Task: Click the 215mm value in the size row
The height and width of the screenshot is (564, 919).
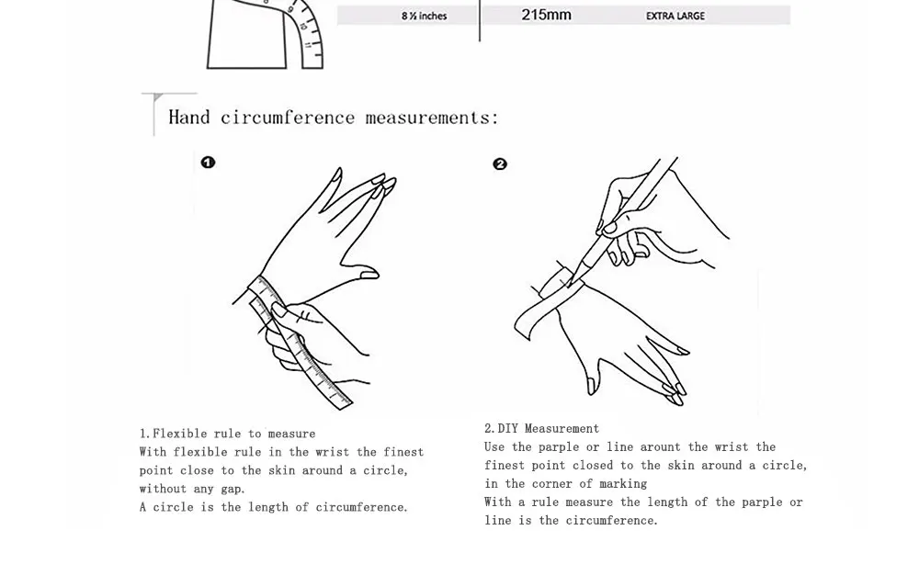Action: pos(546,15)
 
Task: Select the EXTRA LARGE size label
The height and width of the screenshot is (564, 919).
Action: pos(675,16)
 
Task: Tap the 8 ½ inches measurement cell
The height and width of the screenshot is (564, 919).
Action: pos(424,16)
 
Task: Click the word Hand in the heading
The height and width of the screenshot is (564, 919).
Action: pos(188,118)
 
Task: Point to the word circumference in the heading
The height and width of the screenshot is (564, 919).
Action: pos(287,118)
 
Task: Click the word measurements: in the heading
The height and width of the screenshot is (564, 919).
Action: pos(432,118)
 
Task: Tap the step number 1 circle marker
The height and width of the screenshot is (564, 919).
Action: pos(209,163)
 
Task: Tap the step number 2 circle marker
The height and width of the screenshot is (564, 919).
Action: pos(500,164)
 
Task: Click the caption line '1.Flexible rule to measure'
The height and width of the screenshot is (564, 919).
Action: pos(227,434)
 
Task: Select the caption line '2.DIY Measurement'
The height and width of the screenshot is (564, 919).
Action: pos(541,428)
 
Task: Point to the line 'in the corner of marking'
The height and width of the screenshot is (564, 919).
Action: pos(565,483)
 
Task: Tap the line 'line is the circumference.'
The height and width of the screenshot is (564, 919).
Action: pos(571,520)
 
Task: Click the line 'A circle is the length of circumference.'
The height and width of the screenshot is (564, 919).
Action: pos(273,507)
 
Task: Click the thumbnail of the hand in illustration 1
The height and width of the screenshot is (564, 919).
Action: pos(369,274)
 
